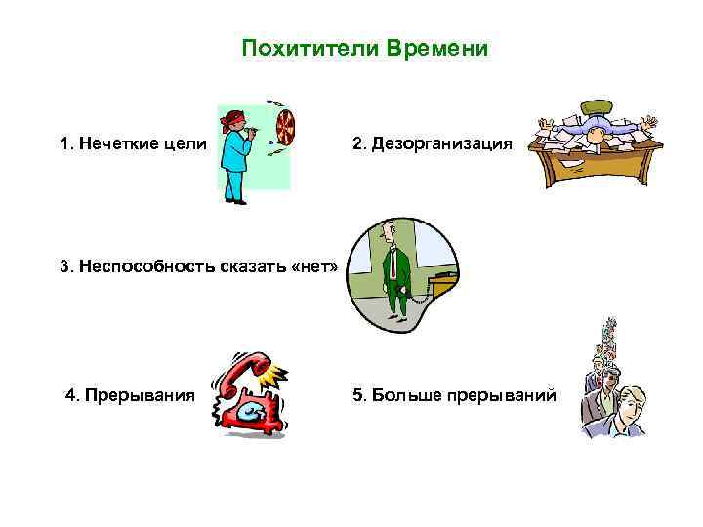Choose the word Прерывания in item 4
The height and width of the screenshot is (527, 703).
(140, 395)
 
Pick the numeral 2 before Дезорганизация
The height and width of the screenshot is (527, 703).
(357, 143)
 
